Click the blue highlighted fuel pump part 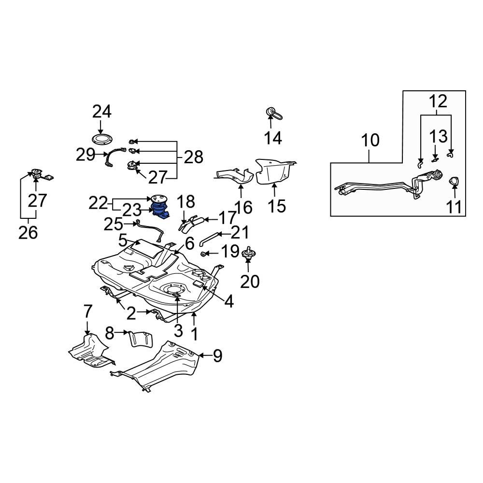pos(159,212)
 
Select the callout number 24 pos(102,112)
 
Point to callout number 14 pos(273,138)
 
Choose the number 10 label pos(370,141)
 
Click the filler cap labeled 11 pos(454,182)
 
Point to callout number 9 pos(217,356)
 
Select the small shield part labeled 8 pos(140,338)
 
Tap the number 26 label pos(28,232)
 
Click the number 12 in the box pos(437,101)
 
